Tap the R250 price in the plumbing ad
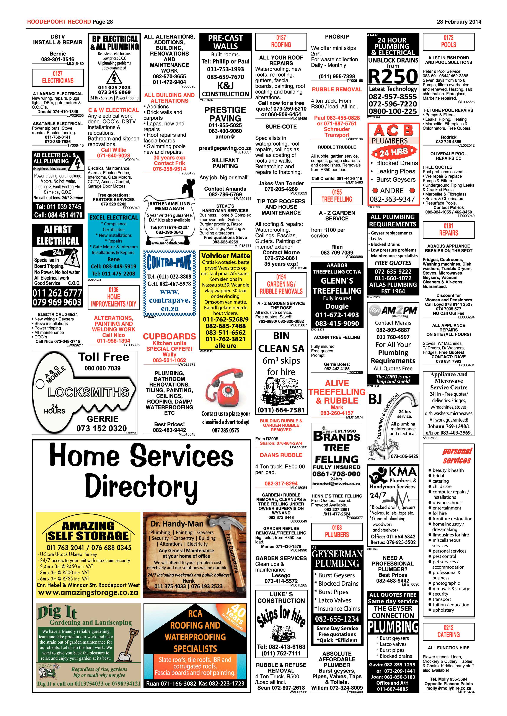(393, 76)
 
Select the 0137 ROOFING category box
(281, 42)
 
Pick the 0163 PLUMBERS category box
(337, 531)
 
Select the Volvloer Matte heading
(225, 256)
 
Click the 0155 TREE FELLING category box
(337, 196)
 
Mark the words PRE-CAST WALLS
(225, 42)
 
